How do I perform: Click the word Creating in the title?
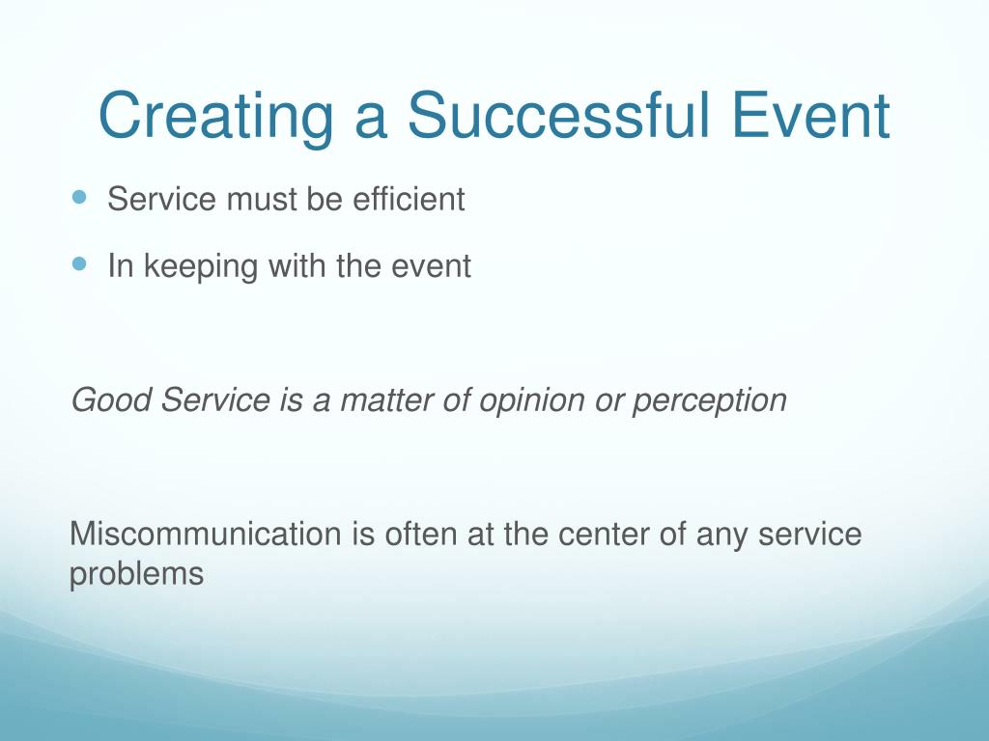[x=215, y=117]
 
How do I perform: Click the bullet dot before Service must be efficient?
[x=79, y=197]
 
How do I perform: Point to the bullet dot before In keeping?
[x=79, y=263]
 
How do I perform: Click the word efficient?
[x=409, y=199]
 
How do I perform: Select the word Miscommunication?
[x=206, y=534]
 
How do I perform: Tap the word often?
[x=421, y=534]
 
